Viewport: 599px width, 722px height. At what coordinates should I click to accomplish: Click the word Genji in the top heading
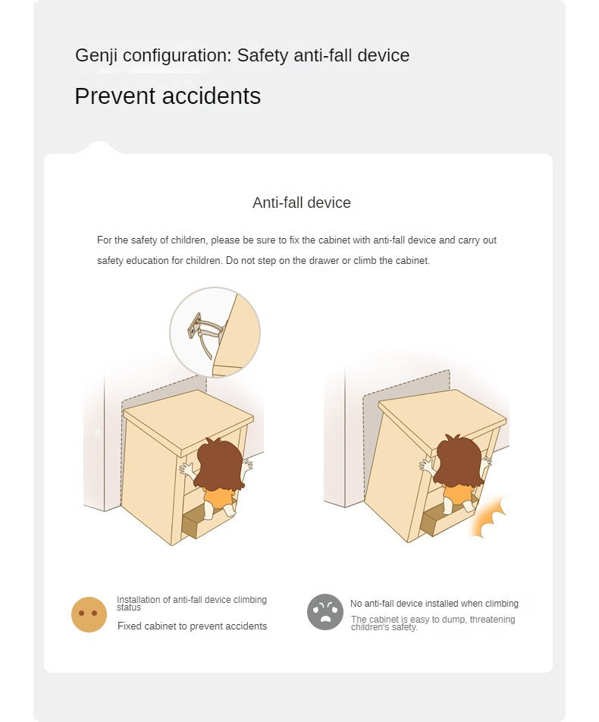point(96,55)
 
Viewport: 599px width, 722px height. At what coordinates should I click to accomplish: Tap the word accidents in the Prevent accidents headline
point(212,96)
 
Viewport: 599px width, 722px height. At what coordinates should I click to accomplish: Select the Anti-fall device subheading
point(302,202)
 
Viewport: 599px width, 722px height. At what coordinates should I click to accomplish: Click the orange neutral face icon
point(89,615)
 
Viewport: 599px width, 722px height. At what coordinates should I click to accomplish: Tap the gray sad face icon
point(325,612)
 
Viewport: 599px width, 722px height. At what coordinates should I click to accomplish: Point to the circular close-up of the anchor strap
point(215,332)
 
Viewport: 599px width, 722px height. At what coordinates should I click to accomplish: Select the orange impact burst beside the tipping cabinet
point(488,518)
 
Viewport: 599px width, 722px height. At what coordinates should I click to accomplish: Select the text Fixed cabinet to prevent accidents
point(192,626)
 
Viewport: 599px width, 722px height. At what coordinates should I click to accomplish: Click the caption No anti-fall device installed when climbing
point(434,604)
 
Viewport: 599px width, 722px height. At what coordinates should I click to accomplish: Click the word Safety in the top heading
point(262,55)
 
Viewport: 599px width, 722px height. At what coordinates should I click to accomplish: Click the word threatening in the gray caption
point(492,620)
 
